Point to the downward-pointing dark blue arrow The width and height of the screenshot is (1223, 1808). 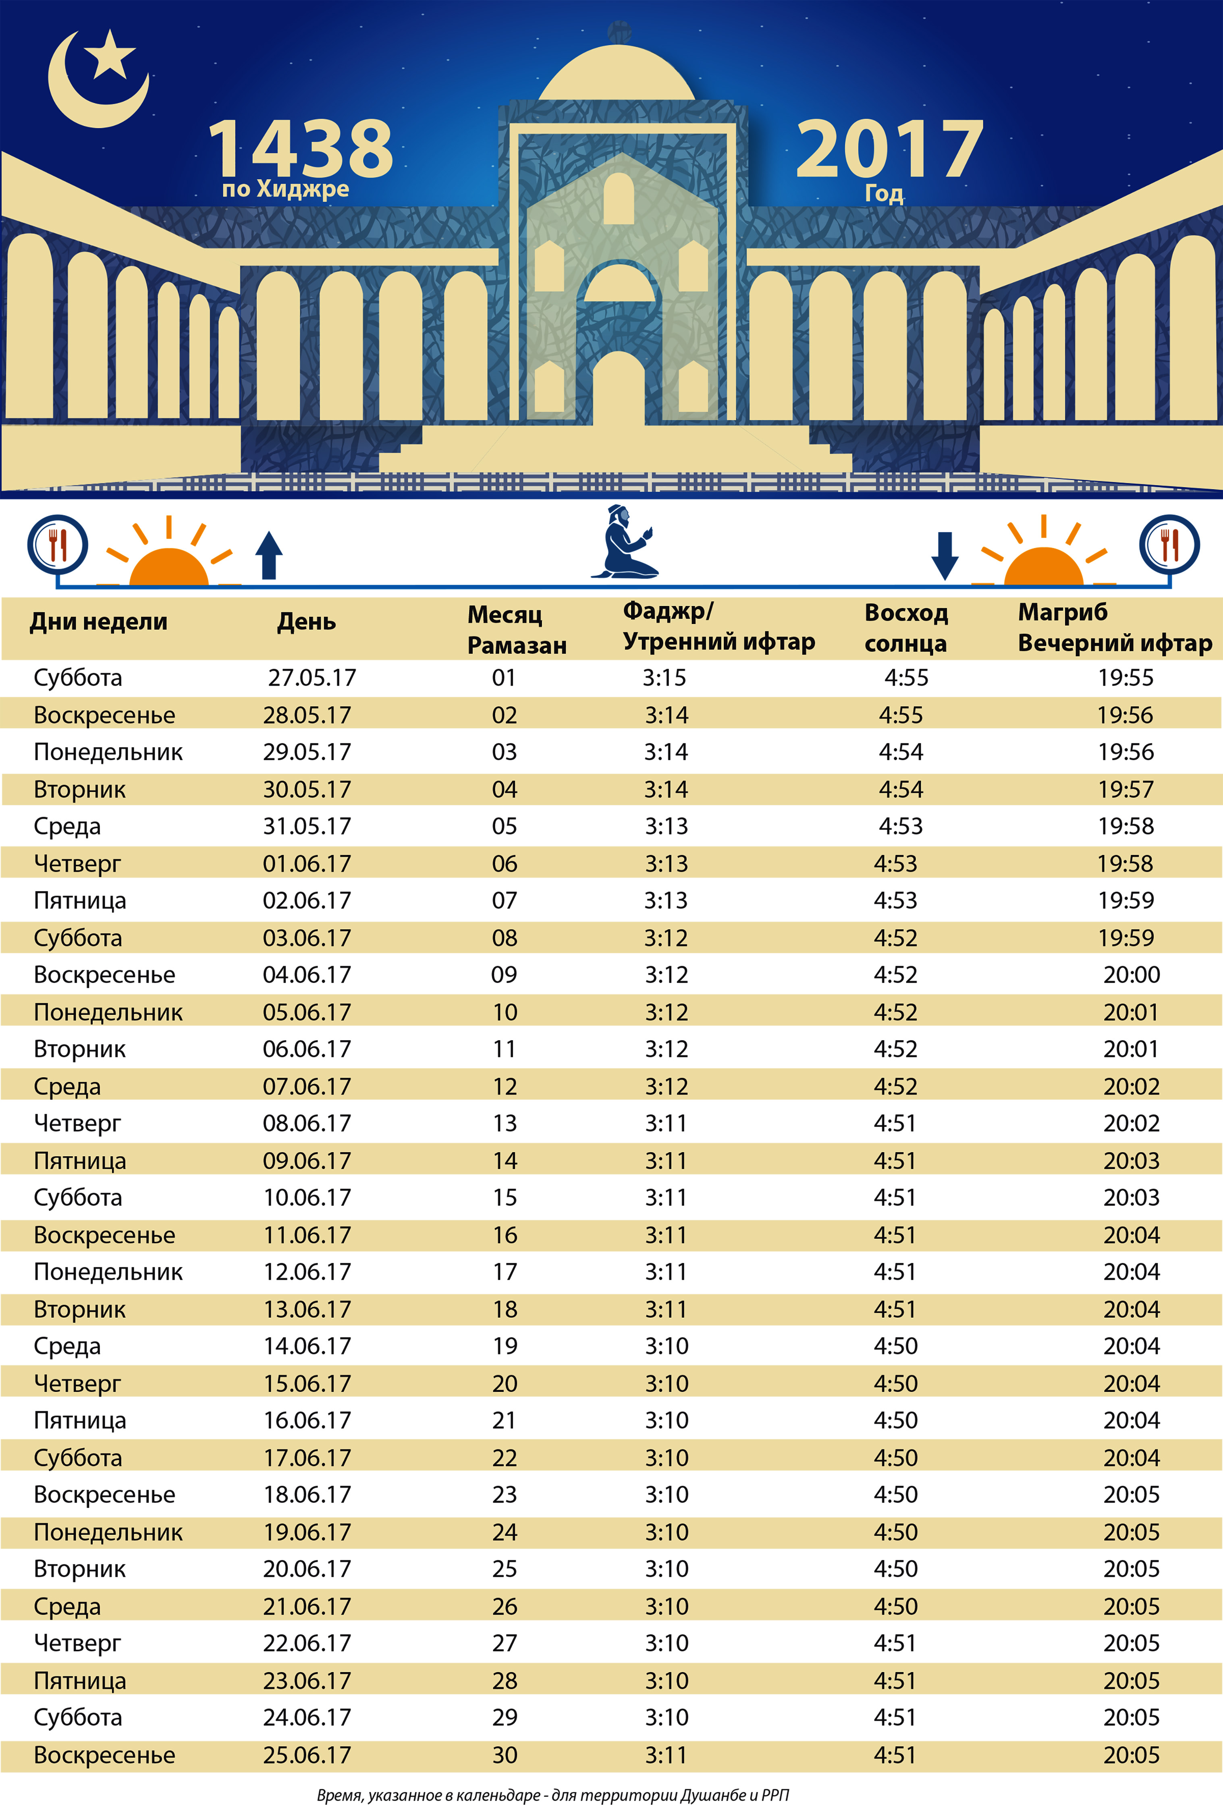tap(945, 555)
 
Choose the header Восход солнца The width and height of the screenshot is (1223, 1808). tap(906, 628)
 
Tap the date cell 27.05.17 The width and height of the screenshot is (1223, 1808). tap(312, 678)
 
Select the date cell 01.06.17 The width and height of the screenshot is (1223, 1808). tap(307, 864)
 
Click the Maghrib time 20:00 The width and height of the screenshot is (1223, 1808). tap(1131, 975)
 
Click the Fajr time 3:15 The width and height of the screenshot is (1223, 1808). tap(664, 678)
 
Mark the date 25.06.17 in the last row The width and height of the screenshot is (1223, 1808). tap(307, 1755)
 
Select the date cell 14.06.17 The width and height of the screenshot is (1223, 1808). tap(307, 1346)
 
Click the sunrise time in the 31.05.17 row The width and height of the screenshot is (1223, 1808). tap(900, 826)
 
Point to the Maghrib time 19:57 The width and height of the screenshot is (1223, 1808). tap(1126, 790)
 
